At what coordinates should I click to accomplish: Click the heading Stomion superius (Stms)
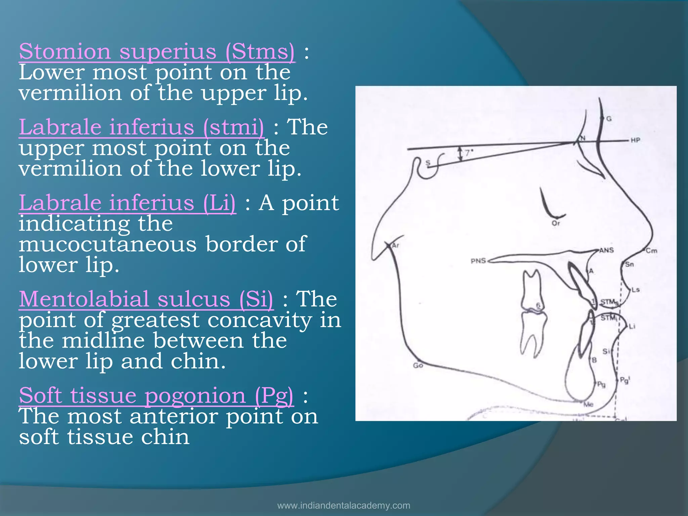[x=157, y=52]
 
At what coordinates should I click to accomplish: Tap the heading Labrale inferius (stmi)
[x=141, y=127]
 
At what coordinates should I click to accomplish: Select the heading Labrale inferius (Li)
[x=127, y=203]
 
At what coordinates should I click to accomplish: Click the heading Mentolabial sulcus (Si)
[x=146, y=299]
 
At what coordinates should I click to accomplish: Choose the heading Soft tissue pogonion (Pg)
[x=156, y=395]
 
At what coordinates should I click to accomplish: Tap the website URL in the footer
[x=344, y=506]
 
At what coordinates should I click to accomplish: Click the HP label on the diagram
[x=635, y=140]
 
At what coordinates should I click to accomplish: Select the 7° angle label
[x=469, y=153]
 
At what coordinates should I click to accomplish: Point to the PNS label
[x=478, y=261]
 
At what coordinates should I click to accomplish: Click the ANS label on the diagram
[x=607, y=250]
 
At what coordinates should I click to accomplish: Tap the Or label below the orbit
[x=556, y=223]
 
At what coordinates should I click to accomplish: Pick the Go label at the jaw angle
[x=418, y=365]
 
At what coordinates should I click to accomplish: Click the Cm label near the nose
[x=651, y=251]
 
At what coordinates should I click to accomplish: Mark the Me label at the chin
[x=588, y=404]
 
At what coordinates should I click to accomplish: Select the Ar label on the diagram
[x=395, y=245]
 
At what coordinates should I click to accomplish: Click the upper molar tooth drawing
[x=531, y=289]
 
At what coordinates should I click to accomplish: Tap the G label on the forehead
[x=609, y=119]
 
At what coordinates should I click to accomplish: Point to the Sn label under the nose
[x=629, y=264]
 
